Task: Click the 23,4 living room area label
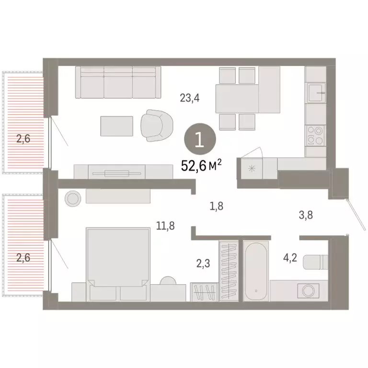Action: pyautogui.click(x=189, y=99)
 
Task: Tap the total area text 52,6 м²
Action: pyautogui.click(x=201, y=166)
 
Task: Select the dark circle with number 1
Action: pyautogui.click(x=200, y=140)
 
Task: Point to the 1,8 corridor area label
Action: pyautogui.click(x=217, y=207)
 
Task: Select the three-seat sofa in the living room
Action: pyautogui.click(x=118, y=82)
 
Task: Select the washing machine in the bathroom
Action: pyautogui.click(x=307, y=290)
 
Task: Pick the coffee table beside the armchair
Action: pyautogui.click(x=117, y=126)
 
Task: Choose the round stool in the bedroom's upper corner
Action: pyautogui.click(x=74, y=198)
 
